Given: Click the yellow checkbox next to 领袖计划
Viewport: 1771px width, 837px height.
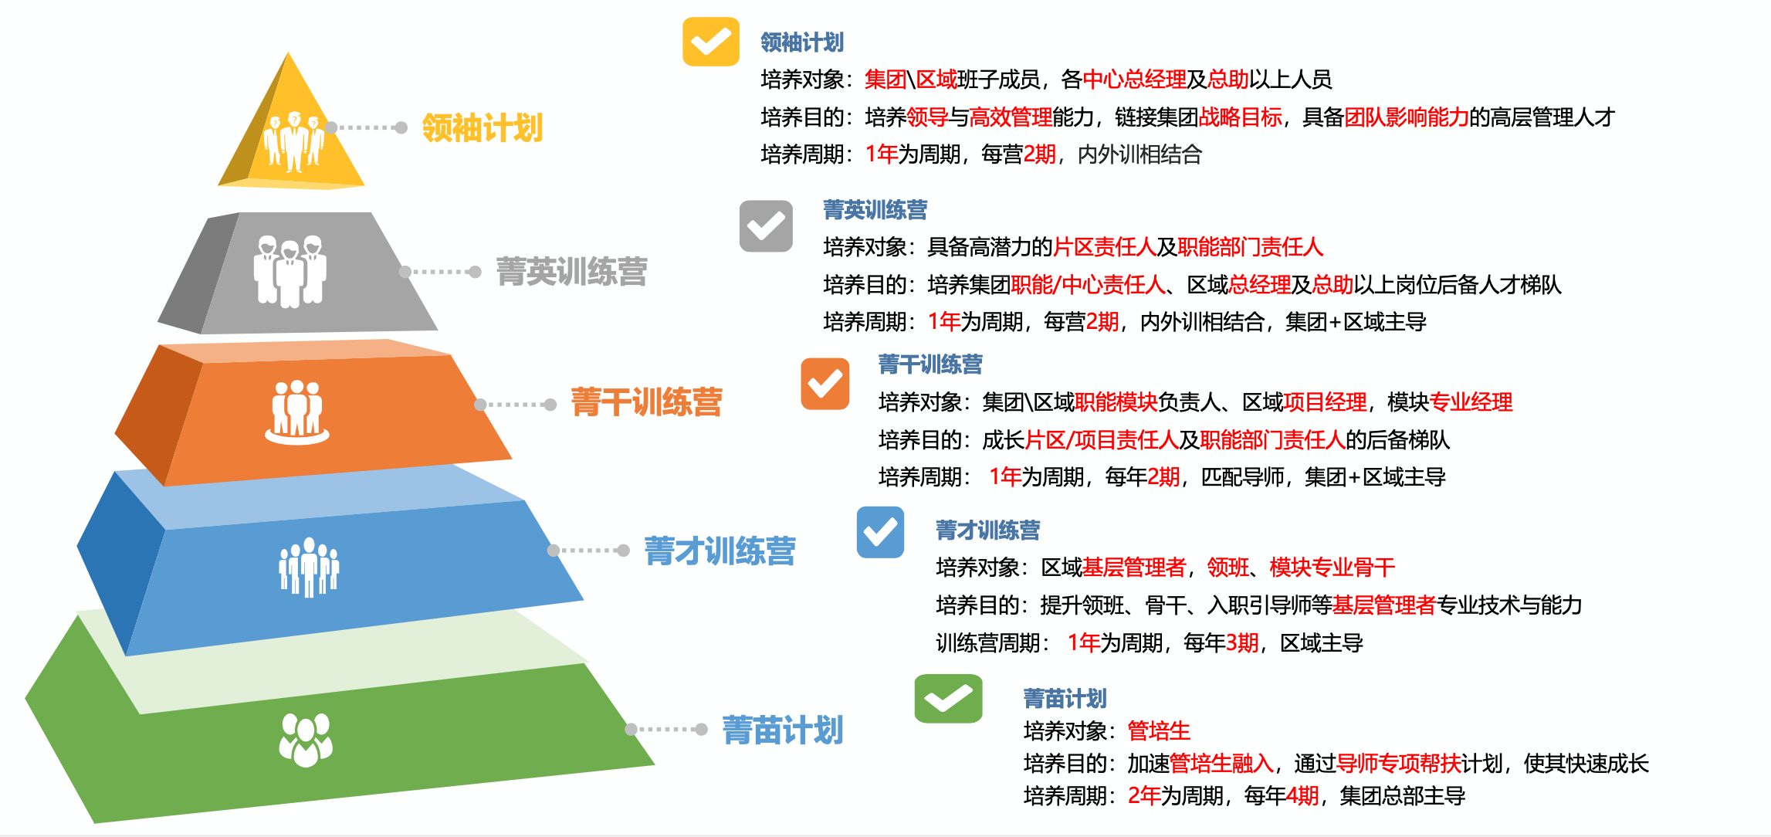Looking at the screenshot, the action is point(710,42).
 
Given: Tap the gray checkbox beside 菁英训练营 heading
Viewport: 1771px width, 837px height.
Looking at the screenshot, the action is point(766,226).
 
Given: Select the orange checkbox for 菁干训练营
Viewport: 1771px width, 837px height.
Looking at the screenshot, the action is point(825,384).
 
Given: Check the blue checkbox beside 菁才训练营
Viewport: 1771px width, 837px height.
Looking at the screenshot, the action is point(880,532).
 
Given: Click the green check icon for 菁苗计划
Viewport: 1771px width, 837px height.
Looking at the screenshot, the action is point(948,699).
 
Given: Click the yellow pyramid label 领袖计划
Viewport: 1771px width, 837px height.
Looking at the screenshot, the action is point(483,128).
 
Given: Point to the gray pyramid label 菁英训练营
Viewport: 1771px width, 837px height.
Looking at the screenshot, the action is point(571,272).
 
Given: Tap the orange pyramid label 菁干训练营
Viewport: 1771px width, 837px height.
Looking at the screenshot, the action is point(646,402).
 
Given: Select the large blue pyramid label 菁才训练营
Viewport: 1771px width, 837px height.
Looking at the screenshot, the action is point(720,551).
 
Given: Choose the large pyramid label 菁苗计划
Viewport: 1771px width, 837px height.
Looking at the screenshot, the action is point(783,730).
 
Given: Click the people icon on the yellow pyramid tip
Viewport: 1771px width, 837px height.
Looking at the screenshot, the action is point(293,141).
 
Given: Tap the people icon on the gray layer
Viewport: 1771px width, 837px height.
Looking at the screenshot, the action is point(290,271).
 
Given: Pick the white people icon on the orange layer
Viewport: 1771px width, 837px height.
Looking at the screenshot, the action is point(297,412).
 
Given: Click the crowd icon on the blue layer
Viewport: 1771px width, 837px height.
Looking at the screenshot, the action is point(309,568).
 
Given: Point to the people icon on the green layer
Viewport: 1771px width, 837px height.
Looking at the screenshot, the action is point(306,740).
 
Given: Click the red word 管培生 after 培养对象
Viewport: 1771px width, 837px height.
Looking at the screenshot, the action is point(1159,730).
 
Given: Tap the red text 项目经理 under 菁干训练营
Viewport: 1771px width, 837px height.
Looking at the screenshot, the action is point(1325,402).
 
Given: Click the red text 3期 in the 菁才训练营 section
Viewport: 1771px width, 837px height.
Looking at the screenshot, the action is point(1242,642).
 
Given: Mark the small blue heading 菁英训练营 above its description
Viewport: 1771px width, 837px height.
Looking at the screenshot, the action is point(875,210).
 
